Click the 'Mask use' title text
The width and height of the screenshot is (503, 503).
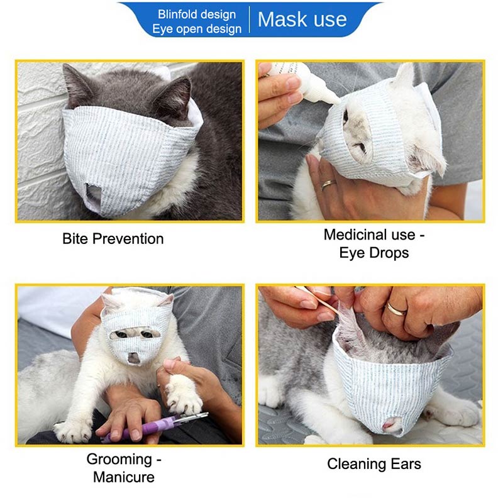coord(302,19)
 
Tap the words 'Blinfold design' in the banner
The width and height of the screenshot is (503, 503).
coord(197,14)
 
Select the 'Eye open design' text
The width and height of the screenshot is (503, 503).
coord(197,29)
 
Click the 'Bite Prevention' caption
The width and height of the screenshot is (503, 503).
coord(113,239)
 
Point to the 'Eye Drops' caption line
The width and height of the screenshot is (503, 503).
coord(373,253)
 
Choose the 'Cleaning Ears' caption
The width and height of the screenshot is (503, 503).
coord(374,464)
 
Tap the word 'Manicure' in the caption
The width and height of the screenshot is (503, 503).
coord(123,477)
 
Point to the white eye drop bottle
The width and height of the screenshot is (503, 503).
coord(305,82)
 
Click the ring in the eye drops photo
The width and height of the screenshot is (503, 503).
coord(329,184)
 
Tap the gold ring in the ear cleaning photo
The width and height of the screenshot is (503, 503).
coord(396,309)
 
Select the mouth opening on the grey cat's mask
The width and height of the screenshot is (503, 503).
coord(94,194)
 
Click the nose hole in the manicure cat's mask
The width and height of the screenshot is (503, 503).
coord(133,358)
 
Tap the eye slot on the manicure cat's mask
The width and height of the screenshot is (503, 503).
coord(135,334)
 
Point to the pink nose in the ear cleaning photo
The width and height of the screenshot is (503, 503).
coord(390,425)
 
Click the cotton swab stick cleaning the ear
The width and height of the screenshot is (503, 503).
coord(317,301)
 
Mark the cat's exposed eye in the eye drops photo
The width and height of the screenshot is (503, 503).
coord(345,117)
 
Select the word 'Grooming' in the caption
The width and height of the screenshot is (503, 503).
coord(119,460)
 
